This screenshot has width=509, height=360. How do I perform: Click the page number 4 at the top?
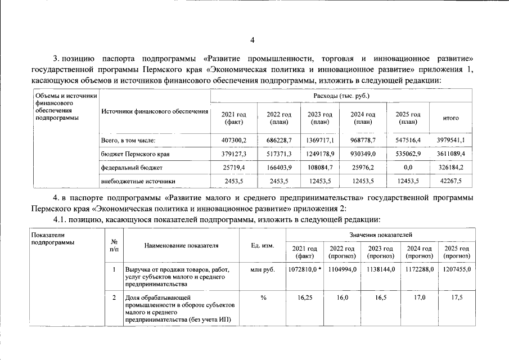[253, 40]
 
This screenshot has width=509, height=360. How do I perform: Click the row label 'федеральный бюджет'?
[132, 167]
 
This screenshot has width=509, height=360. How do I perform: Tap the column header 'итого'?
[451, 118]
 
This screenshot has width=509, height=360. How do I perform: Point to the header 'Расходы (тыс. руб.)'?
[341, 96]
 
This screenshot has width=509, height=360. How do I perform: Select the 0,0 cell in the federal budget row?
[408, 167]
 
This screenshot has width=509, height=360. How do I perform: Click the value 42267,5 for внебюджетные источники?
[451, 181]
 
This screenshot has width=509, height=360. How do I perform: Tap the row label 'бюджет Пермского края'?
[135, 153]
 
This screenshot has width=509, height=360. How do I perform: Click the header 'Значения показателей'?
[380, 233]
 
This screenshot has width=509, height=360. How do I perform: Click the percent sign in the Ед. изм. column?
[263, 298]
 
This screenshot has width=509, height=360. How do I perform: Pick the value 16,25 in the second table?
[305, 298]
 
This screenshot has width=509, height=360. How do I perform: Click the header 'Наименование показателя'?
[181, 246]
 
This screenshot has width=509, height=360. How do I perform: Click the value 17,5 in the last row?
[456, 298]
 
